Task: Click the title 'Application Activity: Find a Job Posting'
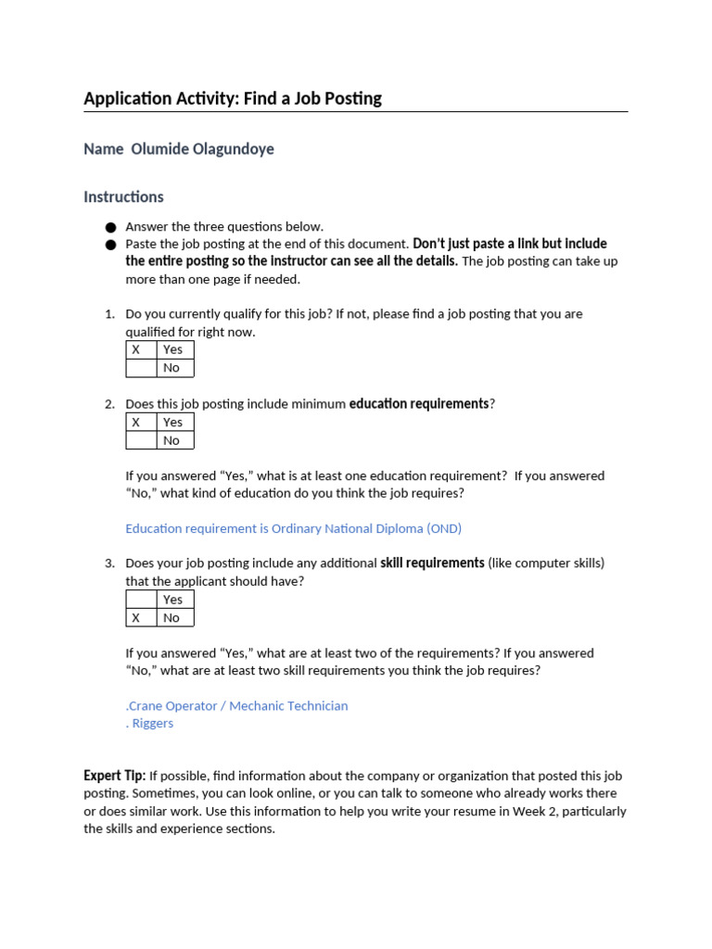click(x=233, y=98)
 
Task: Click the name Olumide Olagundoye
click(x=202, y=149)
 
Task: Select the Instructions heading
click(x=123, y=196)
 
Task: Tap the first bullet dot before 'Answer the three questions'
click(x=111, y=227)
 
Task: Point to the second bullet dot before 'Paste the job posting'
click(x=111, y=245)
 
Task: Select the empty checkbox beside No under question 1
click(x=141, y=368)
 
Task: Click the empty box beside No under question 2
click(x=141, y=440)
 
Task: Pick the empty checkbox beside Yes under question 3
click(x=141, y=600)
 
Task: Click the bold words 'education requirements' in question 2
click(x=418, y=404)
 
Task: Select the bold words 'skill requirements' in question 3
click(x=432, y=563)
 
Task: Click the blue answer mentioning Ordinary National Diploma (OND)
click(x=293, y=528)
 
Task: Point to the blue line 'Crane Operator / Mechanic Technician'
click(x=237, y=706)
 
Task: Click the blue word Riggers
click(x=152, y=724)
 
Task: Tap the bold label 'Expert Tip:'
click(x=114, y=776)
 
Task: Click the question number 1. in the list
click(x=109, y=314)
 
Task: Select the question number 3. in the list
click(x=109, y=563)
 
